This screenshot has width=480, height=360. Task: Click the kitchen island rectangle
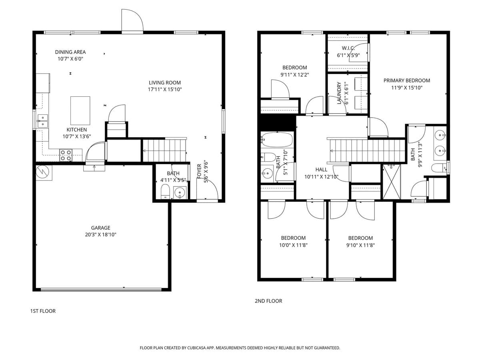click(x=80, y=110)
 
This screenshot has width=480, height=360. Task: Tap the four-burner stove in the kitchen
click(x=66, y=155)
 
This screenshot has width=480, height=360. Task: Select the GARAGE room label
click(x=100, y=228)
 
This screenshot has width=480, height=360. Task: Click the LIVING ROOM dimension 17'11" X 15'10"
click(x=165, y=90)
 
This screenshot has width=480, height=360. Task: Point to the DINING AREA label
click(x=70, y=52)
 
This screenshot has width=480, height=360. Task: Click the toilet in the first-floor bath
click(x=165, y=192)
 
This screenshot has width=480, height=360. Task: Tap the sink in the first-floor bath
click(x=181, y=193)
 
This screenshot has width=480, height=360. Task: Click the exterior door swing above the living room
click(x=132, y=21)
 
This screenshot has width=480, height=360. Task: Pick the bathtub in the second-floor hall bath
click(x=277, y=140)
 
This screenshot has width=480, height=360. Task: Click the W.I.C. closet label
click(x=348, y=48)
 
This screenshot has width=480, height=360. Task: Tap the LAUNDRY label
click(x=339, y=93)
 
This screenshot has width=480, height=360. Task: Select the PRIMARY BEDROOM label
click(x=406, y=80)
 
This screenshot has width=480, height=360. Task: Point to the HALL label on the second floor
click(x=321, y=170)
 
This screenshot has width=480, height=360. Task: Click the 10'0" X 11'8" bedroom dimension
click(x=293, y=245)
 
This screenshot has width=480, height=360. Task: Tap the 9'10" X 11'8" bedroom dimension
click(x=360, y=245)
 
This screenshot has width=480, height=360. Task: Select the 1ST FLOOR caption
click(x=43, y=311)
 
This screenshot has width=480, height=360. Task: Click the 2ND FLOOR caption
click(x=268, y=301)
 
